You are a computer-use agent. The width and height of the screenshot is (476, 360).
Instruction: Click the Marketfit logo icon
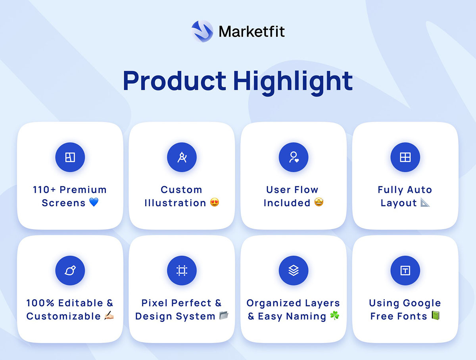pos(202,31)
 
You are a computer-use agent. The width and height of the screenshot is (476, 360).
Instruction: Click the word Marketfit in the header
pos(251,32)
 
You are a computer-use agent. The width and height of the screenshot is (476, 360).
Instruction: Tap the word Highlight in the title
pos(293,82)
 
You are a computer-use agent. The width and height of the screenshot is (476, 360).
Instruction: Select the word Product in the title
pos(175,81)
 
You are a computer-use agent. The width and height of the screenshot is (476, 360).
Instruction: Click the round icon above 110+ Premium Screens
pos(70,157)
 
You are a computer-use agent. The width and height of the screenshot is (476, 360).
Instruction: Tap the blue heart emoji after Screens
pos(94,202)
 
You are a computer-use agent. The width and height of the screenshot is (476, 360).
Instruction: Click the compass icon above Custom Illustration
pos(182,157)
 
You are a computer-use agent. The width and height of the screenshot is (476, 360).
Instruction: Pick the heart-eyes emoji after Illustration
pos(215,202)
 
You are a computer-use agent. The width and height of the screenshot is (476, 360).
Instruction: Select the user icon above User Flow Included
pos(294,157)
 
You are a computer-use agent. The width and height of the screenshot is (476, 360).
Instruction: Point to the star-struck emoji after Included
pos(319,202)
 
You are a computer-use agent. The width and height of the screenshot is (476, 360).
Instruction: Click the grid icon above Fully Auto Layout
pos(405,157)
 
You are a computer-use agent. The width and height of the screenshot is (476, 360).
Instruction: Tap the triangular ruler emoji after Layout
pos(425,202)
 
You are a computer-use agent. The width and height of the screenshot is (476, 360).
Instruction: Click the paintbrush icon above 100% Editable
pos(70,270)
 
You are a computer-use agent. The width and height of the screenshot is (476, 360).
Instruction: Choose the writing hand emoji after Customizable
pos(109,315)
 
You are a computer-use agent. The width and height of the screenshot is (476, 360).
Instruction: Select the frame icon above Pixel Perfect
pos(182,270)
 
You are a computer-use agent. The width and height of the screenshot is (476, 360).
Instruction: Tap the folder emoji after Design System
pos(224,315)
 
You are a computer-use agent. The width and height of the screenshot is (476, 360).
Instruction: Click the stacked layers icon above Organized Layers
pos(294,270)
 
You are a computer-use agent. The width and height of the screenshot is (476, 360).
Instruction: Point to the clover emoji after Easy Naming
pos(335,315)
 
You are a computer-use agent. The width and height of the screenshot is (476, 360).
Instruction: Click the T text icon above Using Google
pos(405,270)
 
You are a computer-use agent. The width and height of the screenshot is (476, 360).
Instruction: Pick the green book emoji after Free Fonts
pos(435,315)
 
